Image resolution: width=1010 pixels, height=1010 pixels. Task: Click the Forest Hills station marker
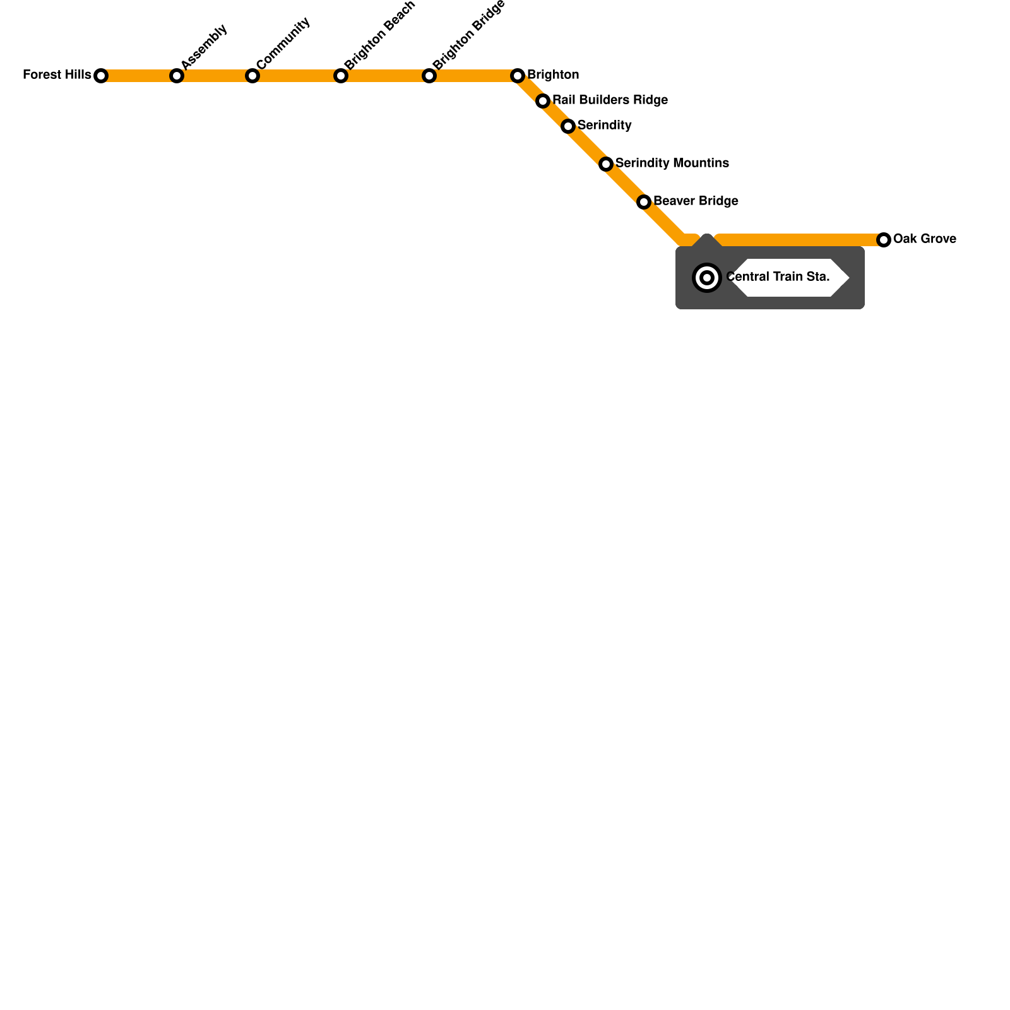pyautogui.click(x=101, y=76)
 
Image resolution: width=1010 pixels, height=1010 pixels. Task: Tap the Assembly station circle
pyautogui.click(x=177, y=76)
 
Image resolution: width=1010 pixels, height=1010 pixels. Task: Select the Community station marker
pyautogui.click(x=252, y=76)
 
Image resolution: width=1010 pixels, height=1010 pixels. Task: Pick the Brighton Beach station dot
pyautogui.click(x=341, y=76)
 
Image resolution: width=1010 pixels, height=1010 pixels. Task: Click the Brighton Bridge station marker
pyautogui.click(x=429, y=76)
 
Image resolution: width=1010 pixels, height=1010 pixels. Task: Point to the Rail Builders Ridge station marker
pyautogui.click(x=543, y=101)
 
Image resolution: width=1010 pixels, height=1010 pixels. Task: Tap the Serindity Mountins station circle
pyautogui.click(x=606, y=164)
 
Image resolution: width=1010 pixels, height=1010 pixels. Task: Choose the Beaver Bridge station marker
pyautogui.click(x=644, y=202)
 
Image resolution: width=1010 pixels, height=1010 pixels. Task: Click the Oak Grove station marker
pyautogui.click(x=884, y=240)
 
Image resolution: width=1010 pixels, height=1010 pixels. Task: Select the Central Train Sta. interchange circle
pyautogui.click(x=707, y=278)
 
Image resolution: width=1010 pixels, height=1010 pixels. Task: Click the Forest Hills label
pyautogui.click(x=57, y=75)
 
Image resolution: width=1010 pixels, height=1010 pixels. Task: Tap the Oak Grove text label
pyautogui.click(x=924, y=239)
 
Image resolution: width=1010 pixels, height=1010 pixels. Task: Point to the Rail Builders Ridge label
pyautogui.click(x=610, y=100)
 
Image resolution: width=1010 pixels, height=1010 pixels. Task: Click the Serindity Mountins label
pyautogui.click(x=672, y=163)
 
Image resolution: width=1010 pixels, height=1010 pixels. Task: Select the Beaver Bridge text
pyautogui.click(x=696, y=201)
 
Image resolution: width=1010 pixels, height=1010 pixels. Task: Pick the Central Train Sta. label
pyautogui.click(x=778, y=277)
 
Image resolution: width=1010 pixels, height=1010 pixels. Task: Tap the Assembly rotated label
pyautogui.click(x=204, y=47)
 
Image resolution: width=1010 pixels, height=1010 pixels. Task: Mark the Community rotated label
pyautogui.click(x=283, y=43)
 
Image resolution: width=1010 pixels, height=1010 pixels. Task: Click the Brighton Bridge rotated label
pyautogui.click(x=469, y=34)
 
